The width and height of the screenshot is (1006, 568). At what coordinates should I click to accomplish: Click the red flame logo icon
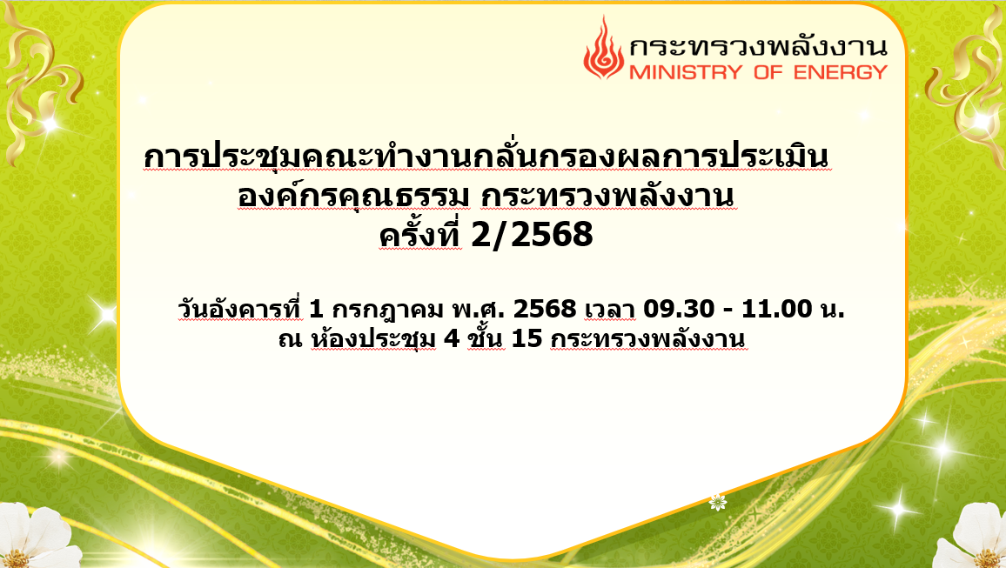[603, 49]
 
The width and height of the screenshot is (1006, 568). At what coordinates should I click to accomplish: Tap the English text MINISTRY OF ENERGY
[758, 72]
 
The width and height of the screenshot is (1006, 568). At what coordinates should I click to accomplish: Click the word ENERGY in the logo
[841, 72]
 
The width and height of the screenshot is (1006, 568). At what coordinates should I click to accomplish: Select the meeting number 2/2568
[532, 235]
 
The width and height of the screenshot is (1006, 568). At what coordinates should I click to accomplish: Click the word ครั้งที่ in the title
[420, 235]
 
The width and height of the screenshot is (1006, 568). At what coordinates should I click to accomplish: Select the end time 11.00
[777, 309]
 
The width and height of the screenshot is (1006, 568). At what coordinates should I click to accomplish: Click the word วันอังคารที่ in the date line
[240, 309]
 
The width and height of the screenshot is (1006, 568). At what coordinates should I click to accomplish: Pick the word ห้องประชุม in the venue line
[372, 338]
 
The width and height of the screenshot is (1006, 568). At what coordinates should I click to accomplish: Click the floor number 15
[526, 337]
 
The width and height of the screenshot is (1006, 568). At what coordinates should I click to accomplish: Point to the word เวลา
[609, 310]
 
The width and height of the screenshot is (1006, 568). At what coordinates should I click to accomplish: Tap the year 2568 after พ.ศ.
[545, 309]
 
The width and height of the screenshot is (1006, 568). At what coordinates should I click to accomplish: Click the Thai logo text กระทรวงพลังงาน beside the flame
[758, 46]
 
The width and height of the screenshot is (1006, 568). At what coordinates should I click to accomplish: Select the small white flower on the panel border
[717, 503]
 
